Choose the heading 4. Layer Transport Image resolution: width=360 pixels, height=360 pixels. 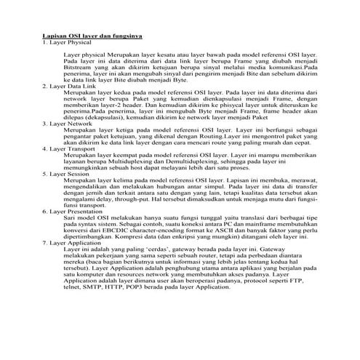tap(68, 150)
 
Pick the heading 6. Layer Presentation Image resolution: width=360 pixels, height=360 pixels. tap(72, 213)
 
